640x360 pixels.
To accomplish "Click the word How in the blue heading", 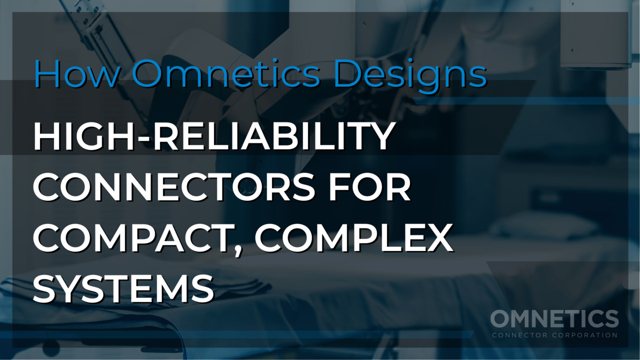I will tap(77, 73).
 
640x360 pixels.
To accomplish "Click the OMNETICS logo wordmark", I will tap(554, 319).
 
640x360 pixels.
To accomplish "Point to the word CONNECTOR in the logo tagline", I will tap(519, 335).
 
